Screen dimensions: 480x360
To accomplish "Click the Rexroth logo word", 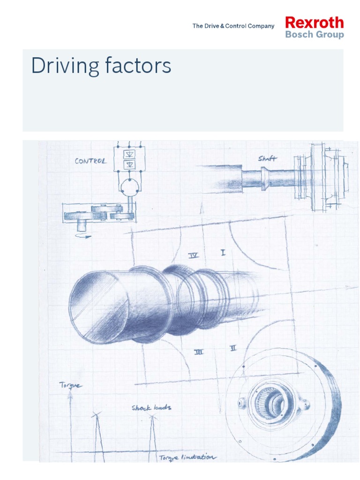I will click(x=314, y=22).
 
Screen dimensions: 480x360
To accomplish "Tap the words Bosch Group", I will click(x=314, y=35).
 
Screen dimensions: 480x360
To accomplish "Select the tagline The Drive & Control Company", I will click(x=233, y=26).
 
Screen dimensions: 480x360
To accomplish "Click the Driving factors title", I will click(x=101, y=66).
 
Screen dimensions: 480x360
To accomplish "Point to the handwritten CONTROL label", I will click(x=90, y=161).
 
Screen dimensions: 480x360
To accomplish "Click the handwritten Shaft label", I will click(x=267, y=159).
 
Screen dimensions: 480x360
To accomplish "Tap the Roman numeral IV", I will click(x=193, y=255).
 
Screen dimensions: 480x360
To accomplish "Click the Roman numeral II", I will click(x=233, y=348).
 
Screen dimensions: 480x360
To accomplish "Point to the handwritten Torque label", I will click(x=70, y=385).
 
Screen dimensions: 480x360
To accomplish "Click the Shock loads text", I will click(x=151, y=407).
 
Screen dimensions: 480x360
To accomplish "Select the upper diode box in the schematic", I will click(x=129, y=154).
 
